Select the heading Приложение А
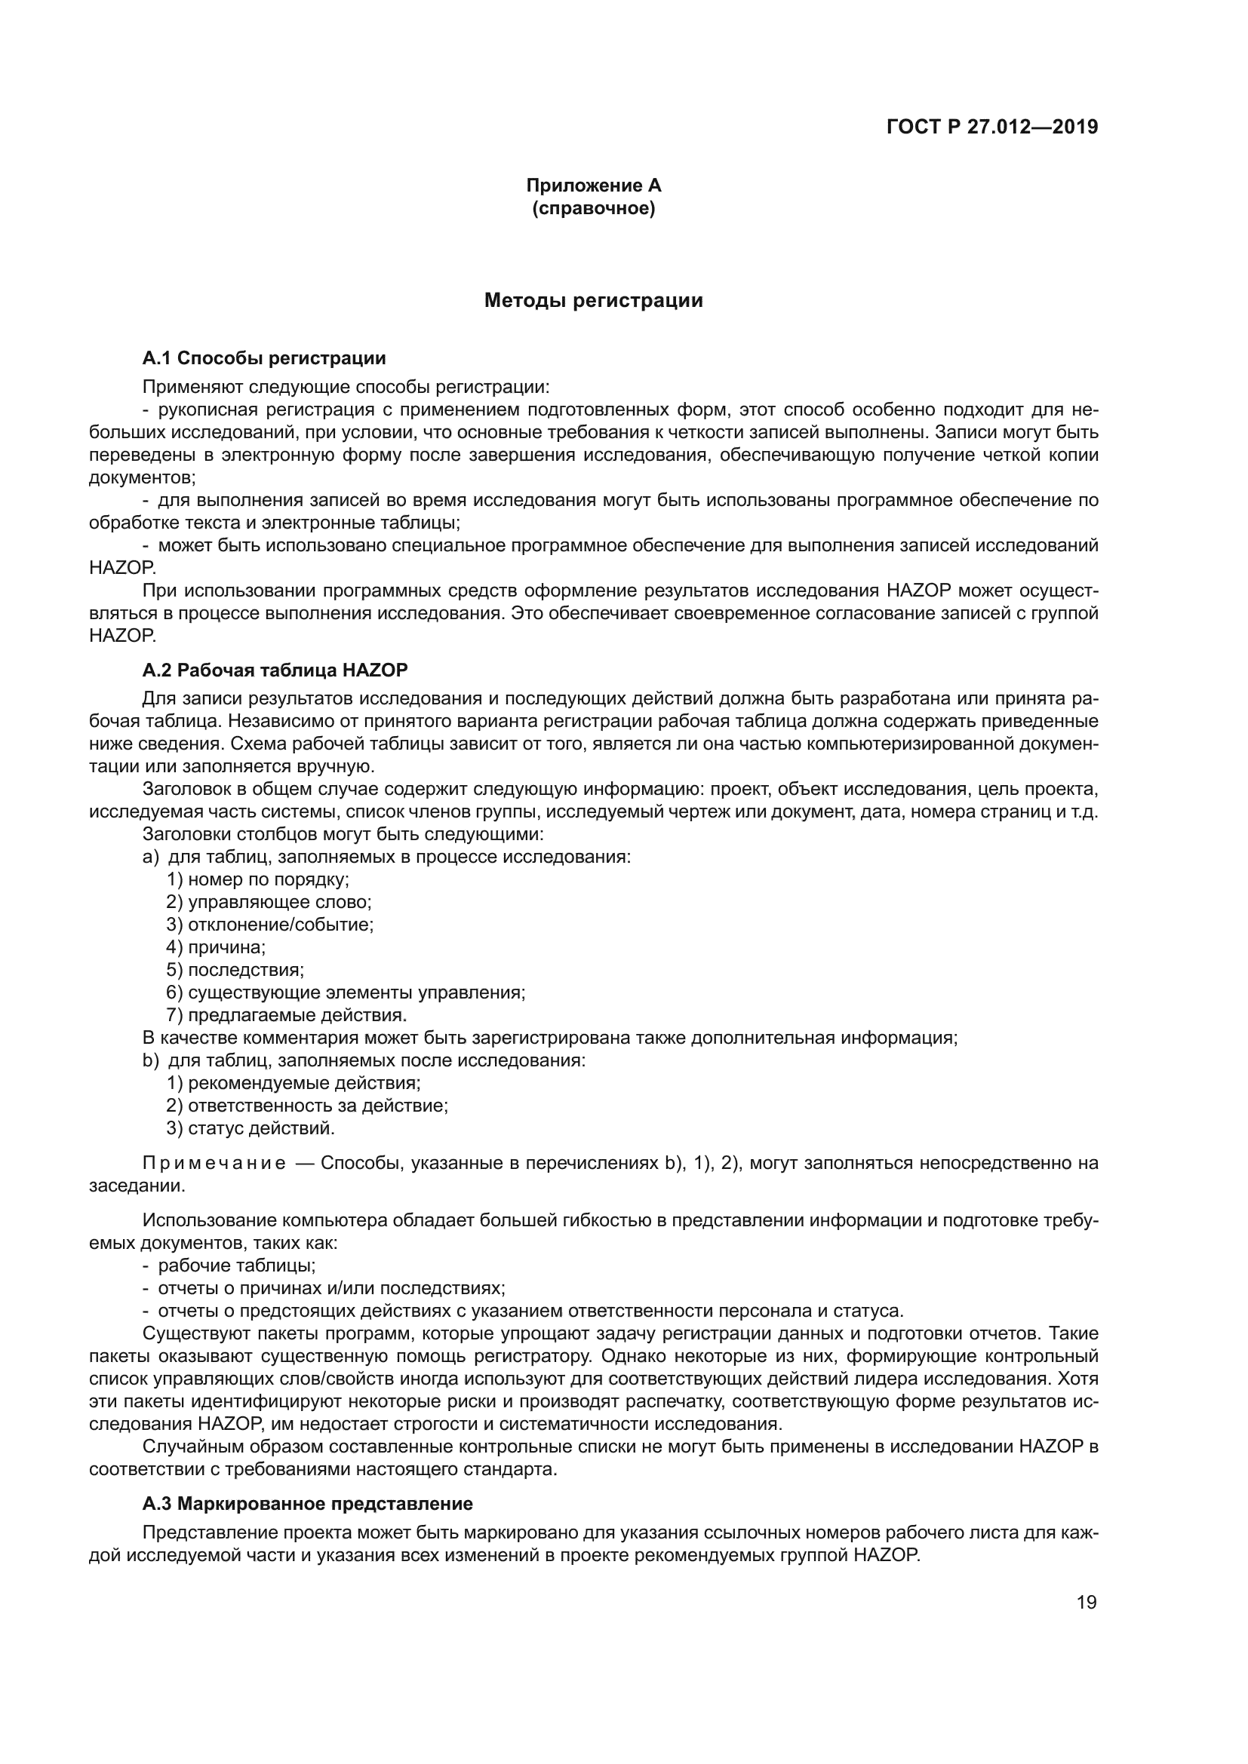click(x=593, y=186)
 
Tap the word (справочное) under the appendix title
click(x=593, y=208)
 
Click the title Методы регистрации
click(x=593, y=300)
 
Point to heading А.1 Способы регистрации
click(x=264, y=358)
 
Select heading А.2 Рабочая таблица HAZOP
click(x=275, y=670)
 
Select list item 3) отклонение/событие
click(x=269, y=925)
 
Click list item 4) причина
click(x=216, y=947)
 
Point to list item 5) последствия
click(x=235, y=970)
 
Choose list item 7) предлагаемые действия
click(x=286, y=1015)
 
